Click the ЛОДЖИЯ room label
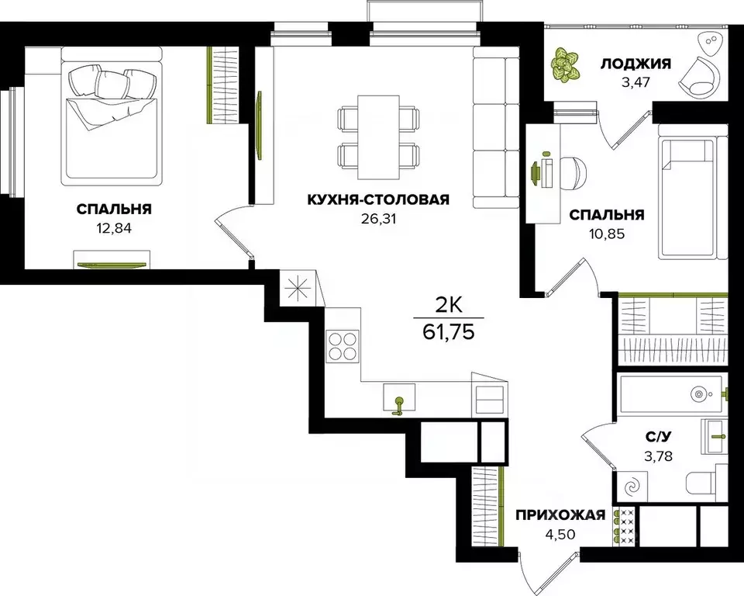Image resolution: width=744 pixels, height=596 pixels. click(x=635, y=64)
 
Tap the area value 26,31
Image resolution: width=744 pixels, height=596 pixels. click(x=377, y=218)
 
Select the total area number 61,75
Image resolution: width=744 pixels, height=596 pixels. click(x=449, y=333)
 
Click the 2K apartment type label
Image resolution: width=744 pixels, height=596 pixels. click(x=449, y=305)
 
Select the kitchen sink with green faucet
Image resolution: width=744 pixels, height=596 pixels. click(x=399, y=399)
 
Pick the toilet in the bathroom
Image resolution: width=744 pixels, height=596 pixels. click(x=705, y=483)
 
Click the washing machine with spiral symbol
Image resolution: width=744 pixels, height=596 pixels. click(x=634, y=487)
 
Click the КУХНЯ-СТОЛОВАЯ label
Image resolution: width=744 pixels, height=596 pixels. click(x=377, y=200)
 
